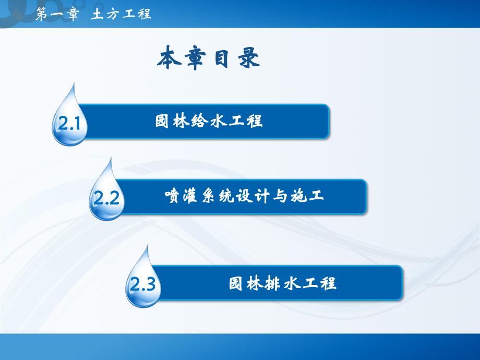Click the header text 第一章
[55, 14]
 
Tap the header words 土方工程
[122, 14]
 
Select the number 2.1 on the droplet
[68, 125]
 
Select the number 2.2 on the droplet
[106, 199]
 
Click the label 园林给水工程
[209, 122]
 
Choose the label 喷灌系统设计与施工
[244, 196]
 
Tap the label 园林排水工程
[282, 284]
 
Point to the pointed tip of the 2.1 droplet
[75, 83]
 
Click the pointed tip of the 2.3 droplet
[148, 245]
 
